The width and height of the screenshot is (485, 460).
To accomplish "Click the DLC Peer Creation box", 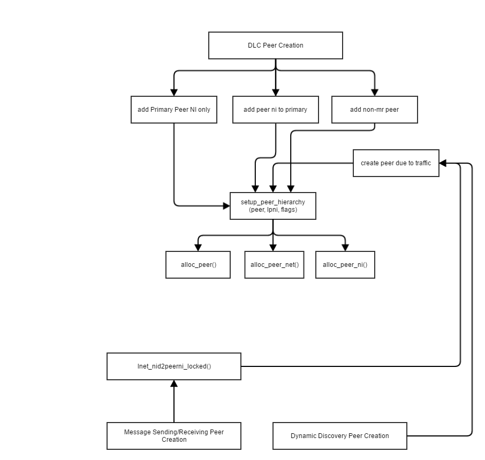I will click(275, 45).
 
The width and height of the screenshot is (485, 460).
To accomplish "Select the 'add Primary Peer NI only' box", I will click(174, 110).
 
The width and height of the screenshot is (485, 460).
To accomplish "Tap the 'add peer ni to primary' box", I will click(275, 110).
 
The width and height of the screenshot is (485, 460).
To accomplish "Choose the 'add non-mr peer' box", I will click(374, 110).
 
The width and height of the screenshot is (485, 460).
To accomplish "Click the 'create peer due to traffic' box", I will click(396, 163).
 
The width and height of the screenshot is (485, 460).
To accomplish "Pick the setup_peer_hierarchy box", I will click(272, 206).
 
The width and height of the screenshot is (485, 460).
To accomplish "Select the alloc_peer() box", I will click(198, 265).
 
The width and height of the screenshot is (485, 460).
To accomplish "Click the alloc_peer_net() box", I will click(274, 265).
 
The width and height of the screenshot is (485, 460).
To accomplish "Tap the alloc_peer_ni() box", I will click(345, 265).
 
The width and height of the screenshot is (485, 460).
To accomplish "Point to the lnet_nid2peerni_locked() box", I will click(174, 366).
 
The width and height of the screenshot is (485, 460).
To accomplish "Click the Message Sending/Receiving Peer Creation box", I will click(174, 436).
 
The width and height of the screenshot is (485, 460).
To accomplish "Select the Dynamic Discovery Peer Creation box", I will click(339, 436).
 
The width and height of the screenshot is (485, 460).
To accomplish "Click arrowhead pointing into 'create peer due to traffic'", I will click(443, 163).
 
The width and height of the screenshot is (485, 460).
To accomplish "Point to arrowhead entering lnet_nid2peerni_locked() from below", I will click(174, 384).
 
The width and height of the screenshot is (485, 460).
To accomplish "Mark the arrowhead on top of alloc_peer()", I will click(198, 247).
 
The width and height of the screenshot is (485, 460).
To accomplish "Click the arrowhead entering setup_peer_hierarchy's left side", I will click(226, 205).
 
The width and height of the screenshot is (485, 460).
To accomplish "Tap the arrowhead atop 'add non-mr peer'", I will click(374, 92).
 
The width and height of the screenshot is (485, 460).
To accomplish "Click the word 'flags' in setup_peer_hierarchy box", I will click(288, 210).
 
